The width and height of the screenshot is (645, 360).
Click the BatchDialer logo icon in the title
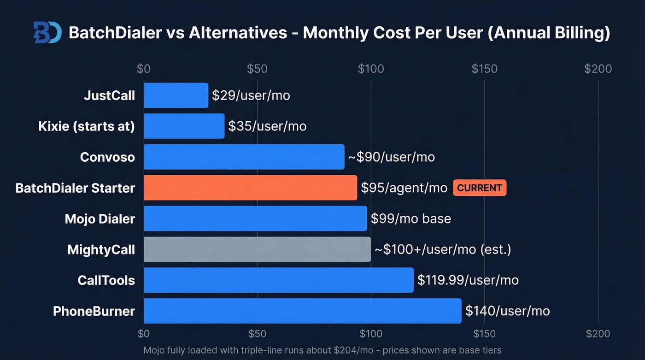click(47, 33)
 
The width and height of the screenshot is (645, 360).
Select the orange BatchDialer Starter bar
click(250, 188)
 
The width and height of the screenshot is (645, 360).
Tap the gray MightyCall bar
click(257, 249)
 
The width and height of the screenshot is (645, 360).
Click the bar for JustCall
click(176, 95)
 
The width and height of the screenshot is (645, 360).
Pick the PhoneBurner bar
click(302, 311)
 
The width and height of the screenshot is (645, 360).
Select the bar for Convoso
click(244, 157)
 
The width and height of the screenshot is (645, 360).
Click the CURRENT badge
click(480, 188)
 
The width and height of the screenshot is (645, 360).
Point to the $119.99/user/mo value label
click(468, 280)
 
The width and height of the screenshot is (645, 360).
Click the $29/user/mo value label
click(251, 95)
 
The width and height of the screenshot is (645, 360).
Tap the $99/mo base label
click(410, 218)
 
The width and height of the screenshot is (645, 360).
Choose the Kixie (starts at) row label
click(87, 126)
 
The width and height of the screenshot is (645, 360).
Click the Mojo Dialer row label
click(100, 218)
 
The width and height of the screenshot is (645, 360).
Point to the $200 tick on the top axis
click(598, 69)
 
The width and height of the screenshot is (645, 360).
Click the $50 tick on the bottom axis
click(257, 333)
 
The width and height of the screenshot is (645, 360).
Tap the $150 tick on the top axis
click(484, 69)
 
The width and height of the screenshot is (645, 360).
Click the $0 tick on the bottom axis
click(144, 333)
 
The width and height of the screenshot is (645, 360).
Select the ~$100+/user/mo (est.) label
click(442, 249)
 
